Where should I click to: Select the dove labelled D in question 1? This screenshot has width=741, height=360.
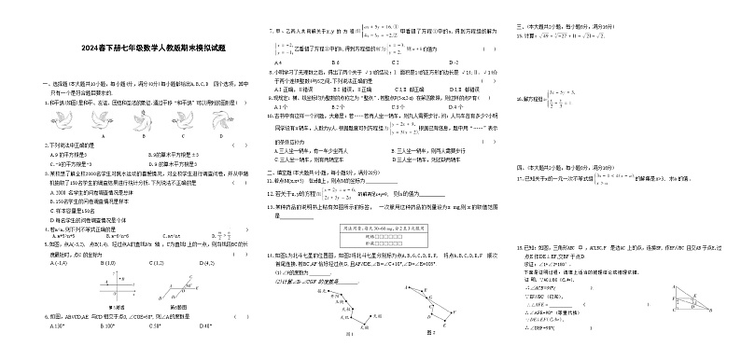[220, 121]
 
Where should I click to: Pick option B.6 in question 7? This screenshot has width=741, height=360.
[335, 62]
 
